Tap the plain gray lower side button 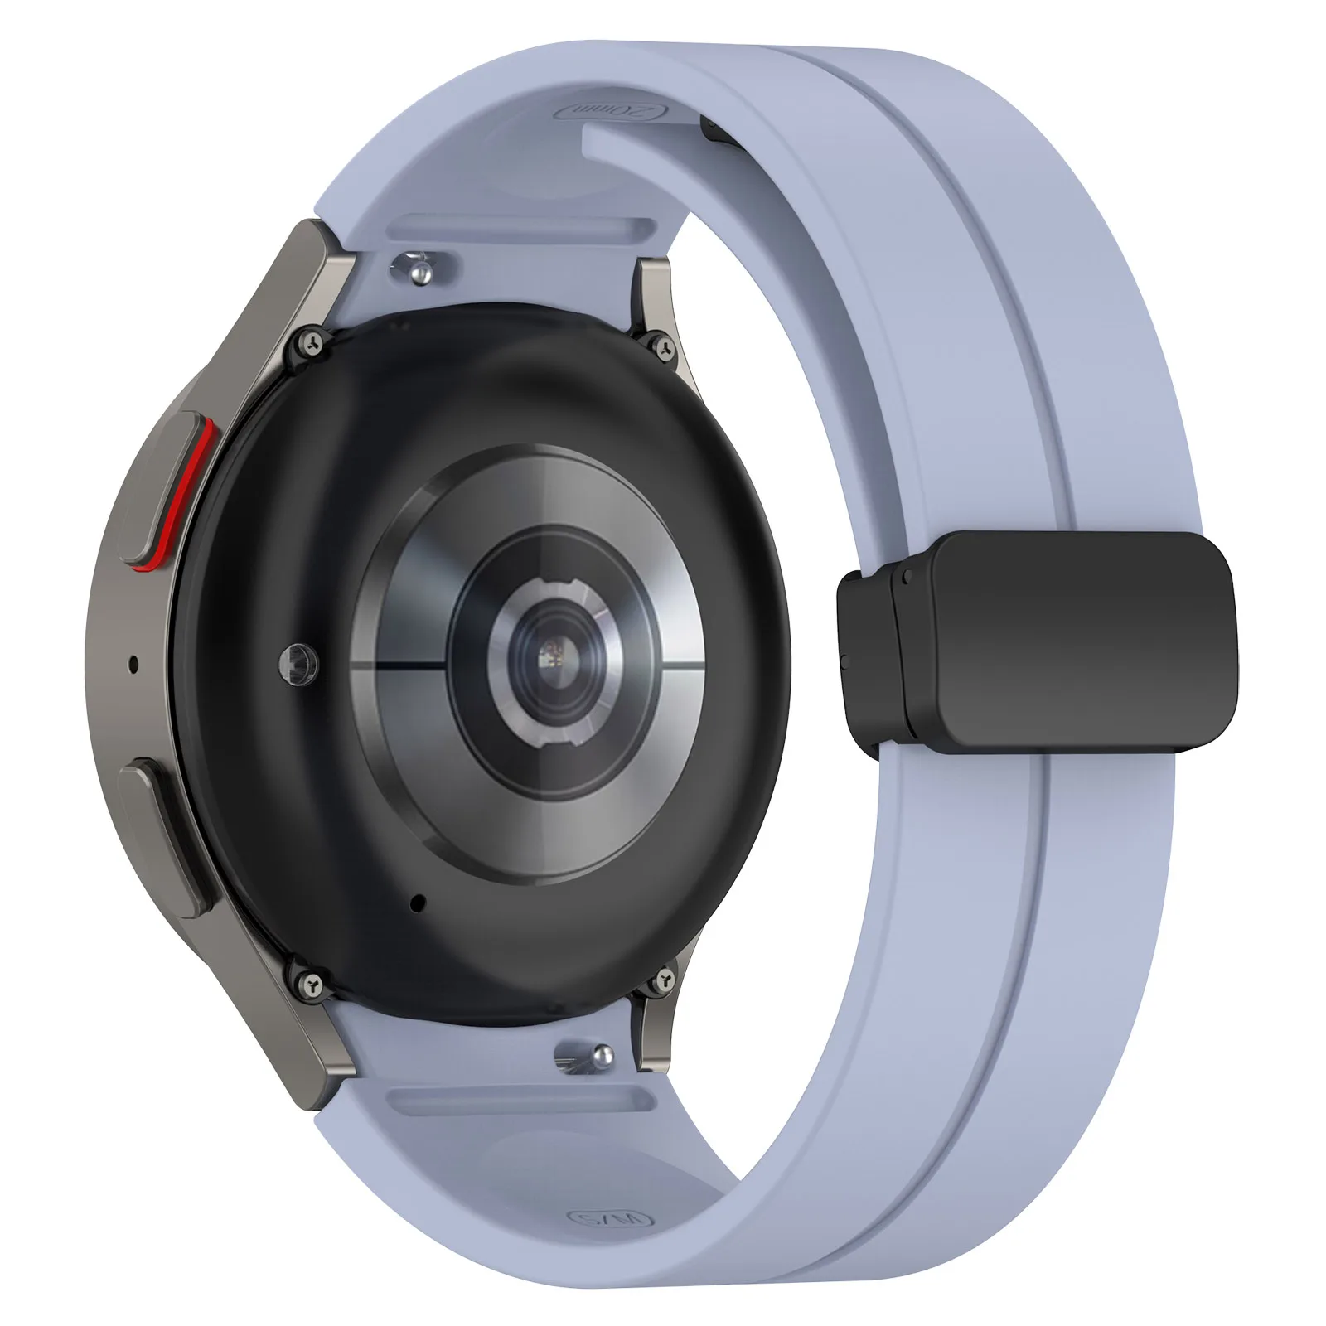(166, 837)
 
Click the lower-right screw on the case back (662, 980)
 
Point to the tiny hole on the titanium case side (133, 662)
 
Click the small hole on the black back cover (416, 902)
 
